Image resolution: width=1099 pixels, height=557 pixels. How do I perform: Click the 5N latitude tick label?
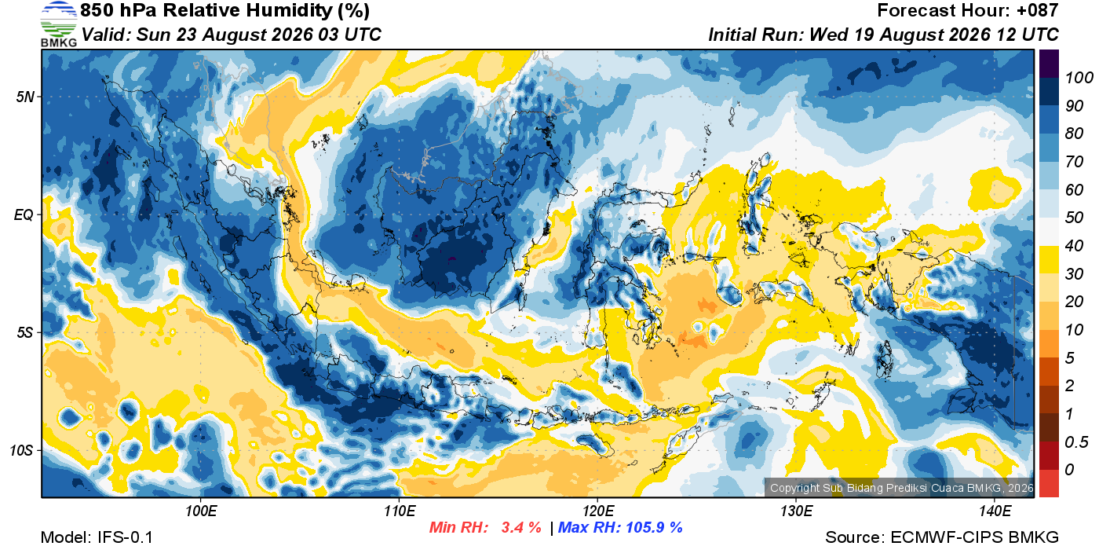24,97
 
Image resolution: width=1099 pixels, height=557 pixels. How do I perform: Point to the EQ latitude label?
24,215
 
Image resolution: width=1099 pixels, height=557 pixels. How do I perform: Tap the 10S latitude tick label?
21,450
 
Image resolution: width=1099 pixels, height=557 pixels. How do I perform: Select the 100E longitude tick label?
201,511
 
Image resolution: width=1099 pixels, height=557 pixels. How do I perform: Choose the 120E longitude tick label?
597,511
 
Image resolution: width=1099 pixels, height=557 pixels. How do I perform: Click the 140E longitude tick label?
995,511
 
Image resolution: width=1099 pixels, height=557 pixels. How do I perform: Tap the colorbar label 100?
1079,78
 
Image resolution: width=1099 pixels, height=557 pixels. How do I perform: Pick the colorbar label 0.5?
1076,442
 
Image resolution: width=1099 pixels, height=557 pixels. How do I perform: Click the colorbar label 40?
1074,246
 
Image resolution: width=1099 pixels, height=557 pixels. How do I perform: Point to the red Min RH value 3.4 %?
521,527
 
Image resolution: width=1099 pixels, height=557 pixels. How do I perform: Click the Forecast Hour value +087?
1037,10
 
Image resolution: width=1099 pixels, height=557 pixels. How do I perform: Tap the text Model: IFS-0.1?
97,537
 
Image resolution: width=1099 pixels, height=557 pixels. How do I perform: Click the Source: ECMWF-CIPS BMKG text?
941,537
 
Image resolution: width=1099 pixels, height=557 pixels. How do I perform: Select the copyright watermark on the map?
901,488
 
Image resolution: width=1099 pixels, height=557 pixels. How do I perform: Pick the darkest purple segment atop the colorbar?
1049,64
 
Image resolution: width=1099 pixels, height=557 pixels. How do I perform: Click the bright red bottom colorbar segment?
1049,483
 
